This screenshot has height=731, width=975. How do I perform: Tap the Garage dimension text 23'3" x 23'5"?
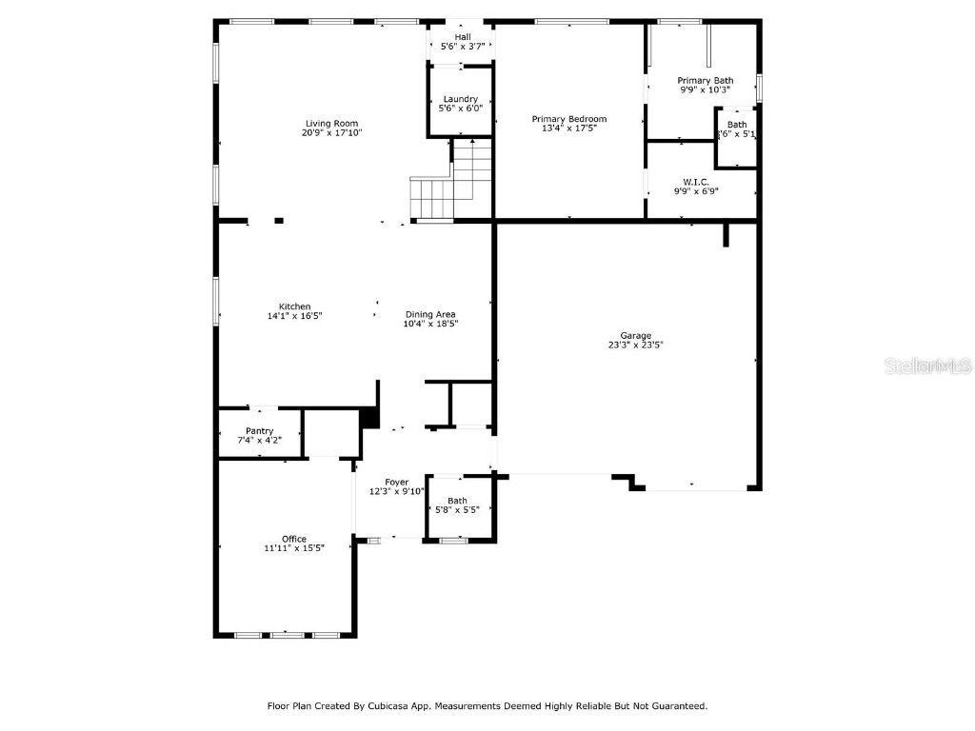click(636, 346)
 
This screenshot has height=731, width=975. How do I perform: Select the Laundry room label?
click(460, 99)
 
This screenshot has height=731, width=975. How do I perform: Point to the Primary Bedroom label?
click(568, 119)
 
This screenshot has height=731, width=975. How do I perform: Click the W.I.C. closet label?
click(695, 181)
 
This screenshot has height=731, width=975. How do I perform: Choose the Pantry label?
click(259, 431)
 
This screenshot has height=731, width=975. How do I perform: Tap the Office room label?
click(294, 539)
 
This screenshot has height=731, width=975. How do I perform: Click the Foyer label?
click(396, 483)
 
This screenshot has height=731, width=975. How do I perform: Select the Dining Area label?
click(430, 314)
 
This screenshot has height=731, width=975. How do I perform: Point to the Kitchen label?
click(294, 306)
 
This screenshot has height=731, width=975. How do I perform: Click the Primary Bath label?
click(705, 80)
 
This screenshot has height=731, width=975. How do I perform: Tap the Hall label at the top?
click(462, 36)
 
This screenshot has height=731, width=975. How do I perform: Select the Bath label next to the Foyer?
click(458, 501)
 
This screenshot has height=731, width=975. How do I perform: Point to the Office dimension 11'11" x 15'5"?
click(294, 548)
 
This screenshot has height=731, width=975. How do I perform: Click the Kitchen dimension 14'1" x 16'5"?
click(294, 316)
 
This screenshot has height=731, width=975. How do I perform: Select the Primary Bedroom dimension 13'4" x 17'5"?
click(568, 128)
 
